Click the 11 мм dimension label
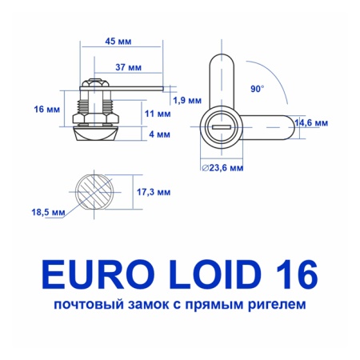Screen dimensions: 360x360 tap(158, 114)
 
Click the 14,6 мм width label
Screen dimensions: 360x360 tap(311, 123)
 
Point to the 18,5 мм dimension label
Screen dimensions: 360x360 tap(46, 212)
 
